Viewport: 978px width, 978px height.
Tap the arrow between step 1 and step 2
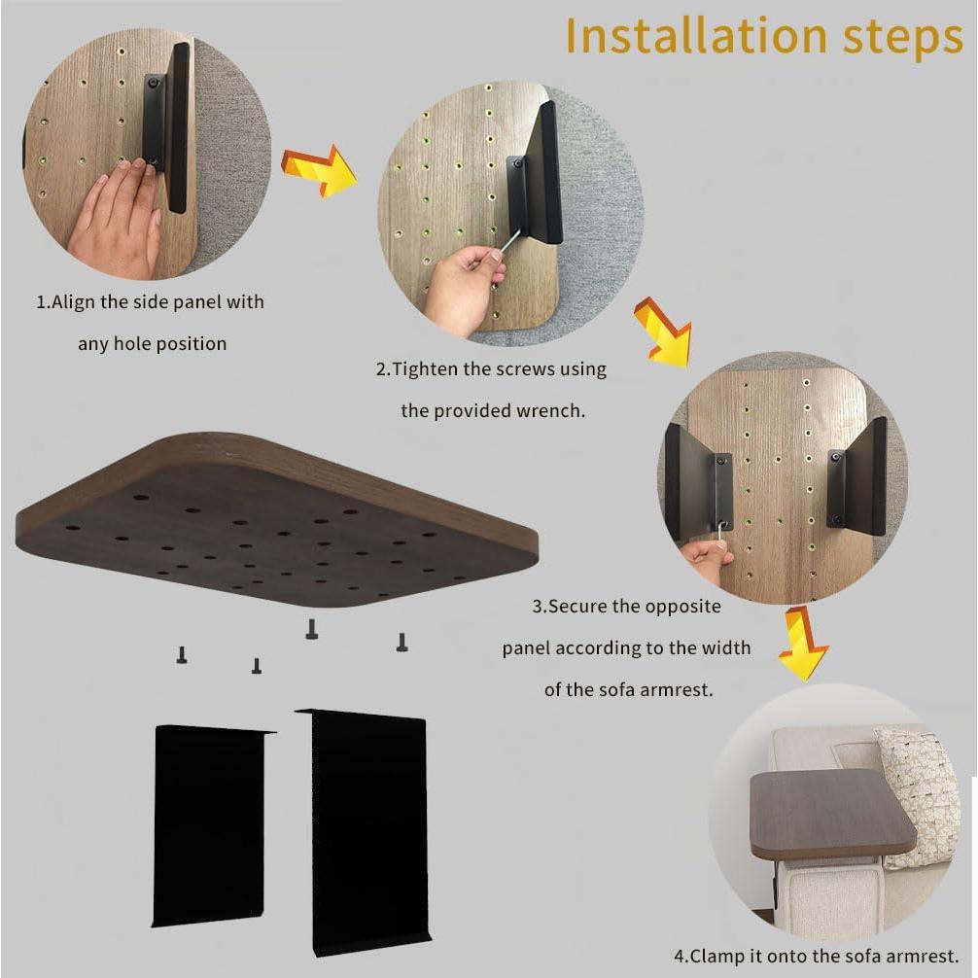(318, 171)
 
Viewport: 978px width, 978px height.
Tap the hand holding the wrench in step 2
(466, 288)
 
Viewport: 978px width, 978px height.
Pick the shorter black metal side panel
(212, 824)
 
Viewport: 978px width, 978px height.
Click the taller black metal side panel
(364, 833)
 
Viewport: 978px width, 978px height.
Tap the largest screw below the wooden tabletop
(312, 629)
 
